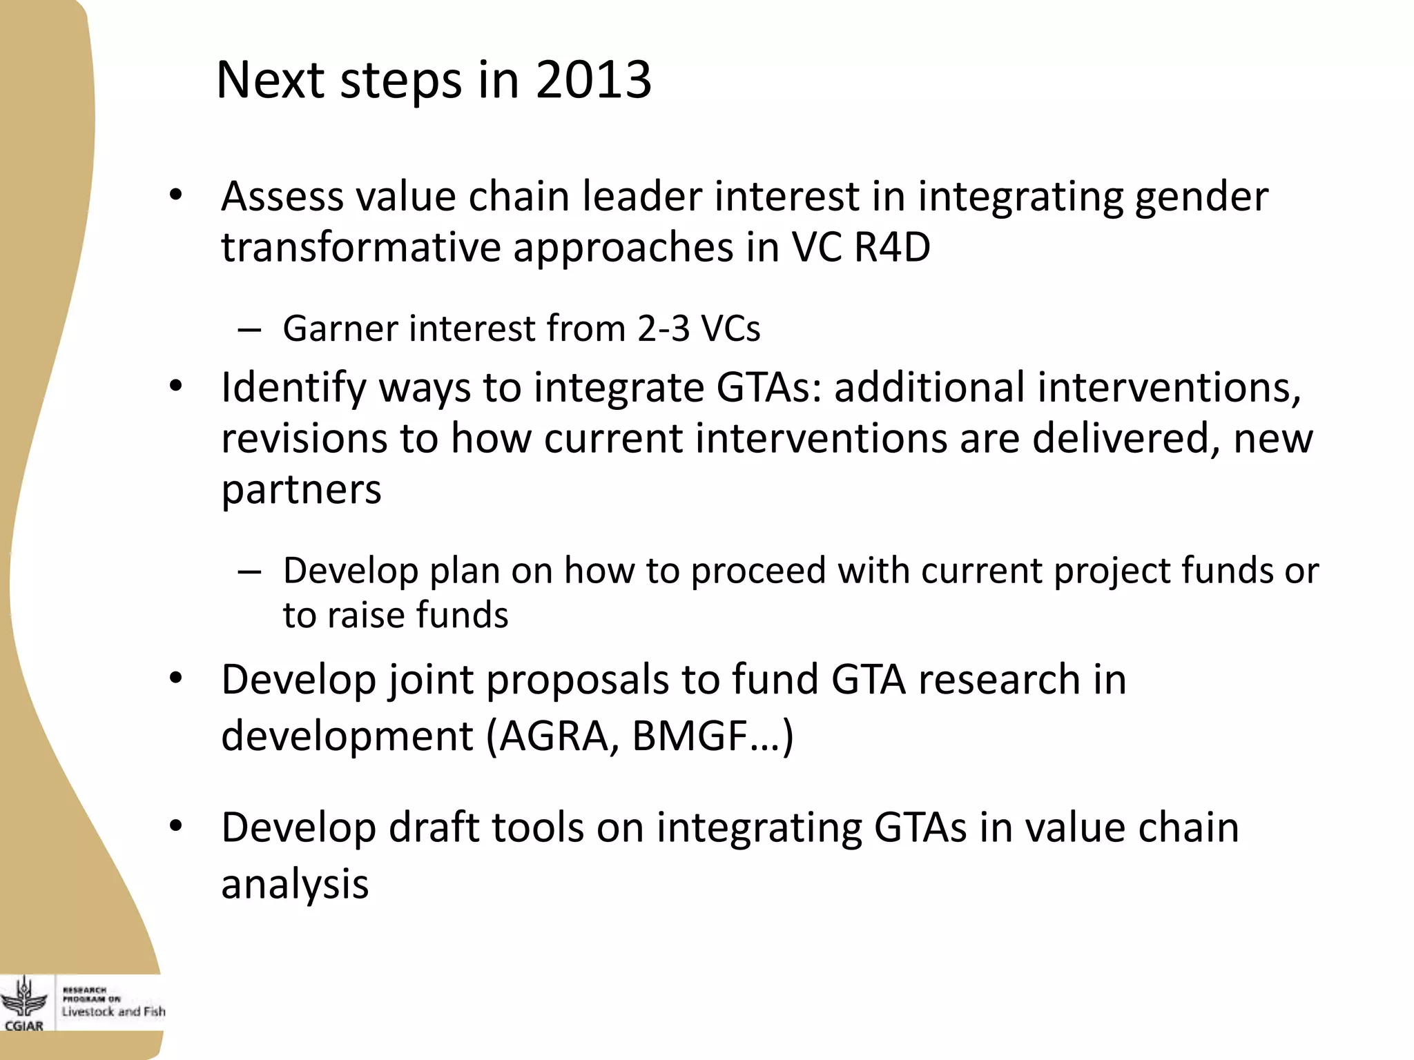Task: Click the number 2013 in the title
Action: point(593,80)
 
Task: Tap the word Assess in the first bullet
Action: point(282,197)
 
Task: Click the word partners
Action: point(301,491)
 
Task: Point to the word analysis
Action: point(295,885)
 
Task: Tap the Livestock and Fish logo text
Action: point(113,1012)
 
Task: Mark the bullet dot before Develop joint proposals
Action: point(176,680)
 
